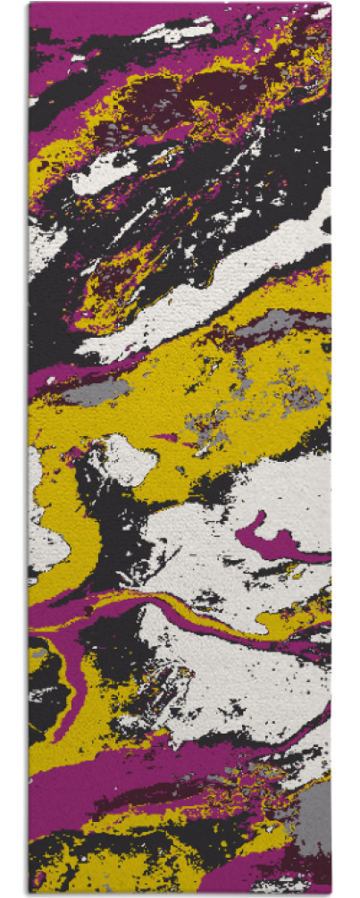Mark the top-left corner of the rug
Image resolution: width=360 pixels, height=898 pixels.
[x=29, y=4]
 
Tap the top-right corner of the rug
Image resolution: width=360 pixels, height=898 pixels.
[x=331, y=4]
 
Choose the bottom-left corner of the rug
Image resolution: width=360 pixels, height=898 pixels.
[x=29, y=893]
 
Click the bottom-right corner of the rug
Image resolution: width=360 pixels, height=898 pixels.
[x=331, y=893]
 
